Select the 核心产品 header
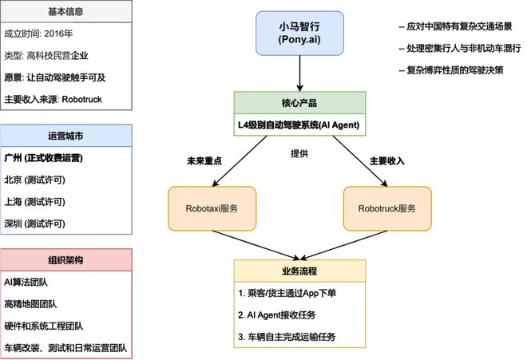coord(299,103)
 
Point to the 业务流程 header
coord(299,270)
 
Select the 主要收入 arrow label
coord(387,160)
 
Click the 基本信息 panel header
coord(67,12)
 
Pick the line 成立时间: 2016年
coord(39,34)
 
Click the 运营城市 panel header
coord(67,136)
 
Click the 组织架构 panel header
coord(67,260)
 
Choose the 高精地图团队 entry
coord(32,304)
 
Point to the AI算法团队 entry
coord(29,282)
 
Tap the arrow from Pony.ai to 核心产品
coord(299,75)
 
